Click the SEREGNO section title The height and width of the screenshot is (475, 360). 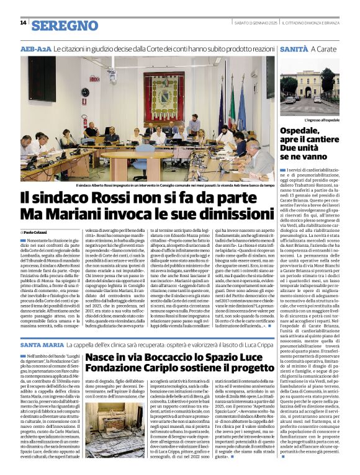[65, 25]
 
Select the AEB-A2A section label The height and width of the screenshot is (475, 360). [36, 48]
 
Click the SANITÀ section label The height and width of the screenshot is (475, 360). [294, 48]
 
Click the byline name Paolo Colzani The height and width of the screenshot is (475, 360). [38, 231]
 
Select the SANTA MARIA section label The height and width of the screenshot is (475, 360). [42, 344]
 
